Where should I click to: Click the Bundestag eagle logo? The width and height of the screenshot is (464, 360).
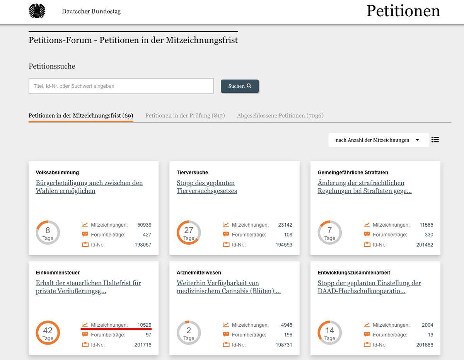click(x=37, y=11)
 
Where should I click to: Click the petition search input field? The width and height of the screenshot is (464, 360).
click(x=121, y=86)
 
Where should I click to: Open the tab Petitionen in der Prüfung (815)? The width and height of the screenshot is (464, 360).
click(x=185, y=116)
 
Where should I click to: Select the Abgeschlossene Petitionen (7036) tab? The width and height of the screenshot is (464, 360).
click(x=280, y=116)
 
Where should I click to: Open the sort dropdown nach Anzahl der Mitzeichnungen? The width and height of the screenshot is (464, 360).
click(x=379, y=140)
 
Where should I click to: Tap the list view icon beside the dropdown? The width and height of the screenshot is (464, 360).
click(x=435, y=140)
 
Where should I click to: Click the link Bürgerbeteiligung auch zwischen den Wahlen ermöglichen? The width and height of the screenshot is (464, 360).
click(x=89, y=187)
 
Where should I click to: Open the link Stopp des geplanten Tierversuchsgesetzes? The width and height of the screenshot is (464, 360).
click(x=207, y=187)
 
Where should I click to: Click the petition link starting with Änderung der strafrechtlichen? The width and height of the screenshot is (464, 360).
click(x=365, y=187)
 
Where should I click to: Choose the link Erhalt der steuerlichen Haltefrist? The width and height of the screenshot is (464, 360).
click(x=89, y=287)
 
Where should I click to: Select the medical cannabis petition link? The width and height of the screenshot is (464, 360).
click(x=229, y=287)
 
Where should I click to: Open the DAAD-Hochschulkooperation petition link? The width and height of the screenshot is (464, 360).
click(x=369, y=287)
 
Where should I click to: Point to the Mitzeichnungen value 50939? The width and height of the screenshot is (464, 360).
click(x=144, y=225)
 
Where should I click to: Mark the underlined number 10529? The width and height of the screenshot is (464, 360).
click(x=144, y=325)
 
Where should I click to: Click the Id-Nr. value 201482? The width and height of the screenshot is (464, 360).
click(x=425, y=245)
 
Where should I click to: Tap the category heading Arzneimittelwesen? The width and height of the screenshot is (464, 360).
click(x=199, y=273)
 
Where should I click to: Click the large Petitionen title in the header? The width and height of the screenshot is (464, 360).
click(x=403, y=11)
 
